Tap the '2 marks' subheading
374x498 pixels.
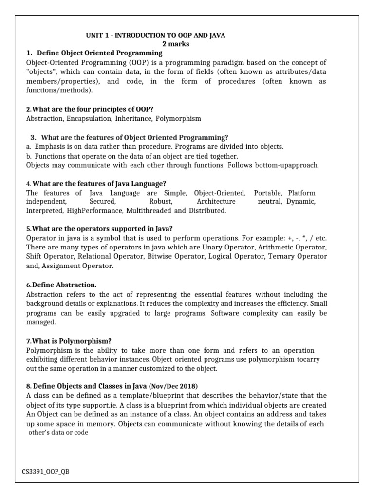176,44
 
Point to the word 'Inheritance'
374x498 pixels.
134,118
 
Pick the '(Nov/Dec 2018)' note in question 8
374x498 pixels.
173,386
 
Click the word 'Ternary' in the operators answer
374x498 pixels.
282,257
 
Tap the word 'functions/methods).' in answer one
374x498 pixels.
59,90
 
